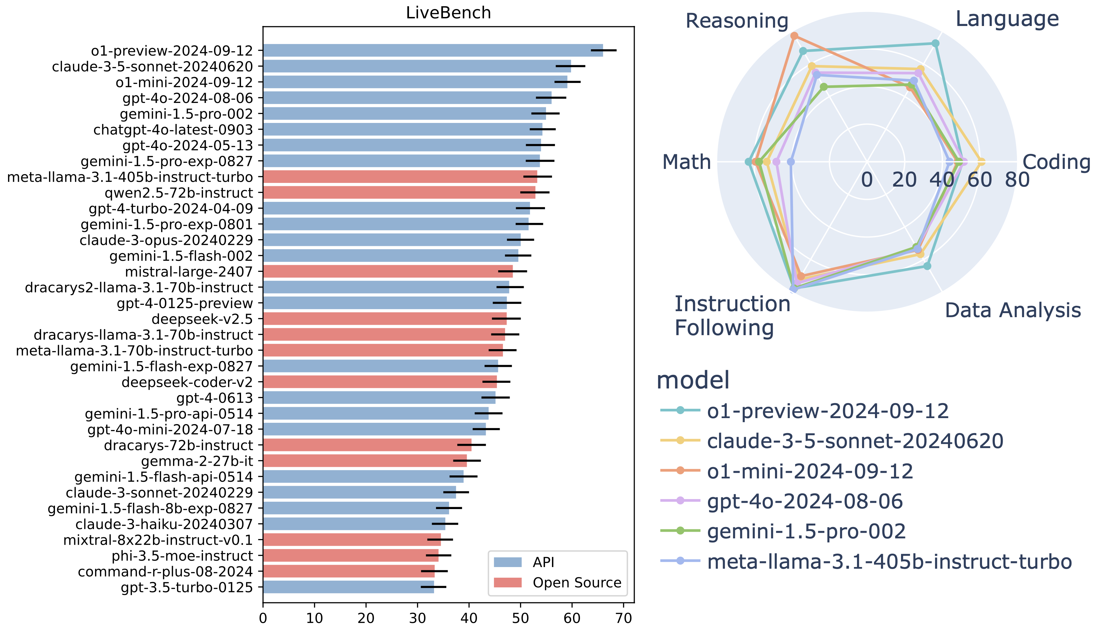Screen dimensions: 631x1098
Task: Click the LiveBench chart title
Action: coord(448,13)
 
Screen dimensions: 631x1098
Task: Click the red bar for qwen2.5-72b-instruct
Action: coord(399,193)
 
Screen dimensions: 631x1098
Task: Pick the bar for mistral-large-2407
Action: coord(388,271)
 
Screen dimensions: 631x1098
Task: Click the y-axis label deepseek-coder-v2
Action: coord(187,382)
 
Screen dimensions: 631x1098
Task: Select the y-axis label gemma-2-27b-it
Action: coord(197,461)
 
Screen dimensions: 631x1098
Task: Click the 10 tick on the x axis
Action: coord(314,618)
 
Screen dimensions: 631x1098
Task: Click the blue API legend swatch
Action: coord(508,562)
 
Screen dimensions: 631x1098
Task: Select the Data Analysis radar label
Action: coord(1013,310)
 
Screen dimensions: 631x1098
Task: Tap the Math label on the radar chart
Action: coord(687,162)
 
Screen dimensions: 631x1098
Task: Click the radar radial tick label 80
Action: coord(1017,180)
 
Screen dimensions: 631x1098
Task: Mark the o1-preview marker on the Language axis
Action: coord(935,43)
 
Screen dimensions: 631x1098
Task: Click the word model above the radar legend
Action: coord(693,380)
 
